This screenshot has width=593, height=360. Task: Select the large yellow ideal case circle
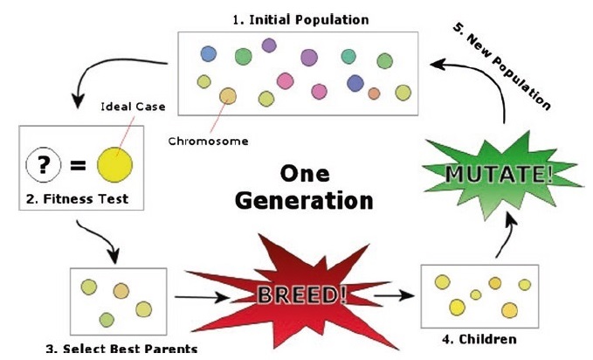coord(114,163)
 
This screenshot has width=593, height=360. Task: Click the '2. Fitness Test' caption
coord(77,199)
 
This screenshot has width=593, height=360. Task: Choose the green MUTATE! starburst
coord(499,173)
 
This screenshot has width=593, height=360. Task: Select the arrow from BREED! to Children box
coord(391,294)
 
